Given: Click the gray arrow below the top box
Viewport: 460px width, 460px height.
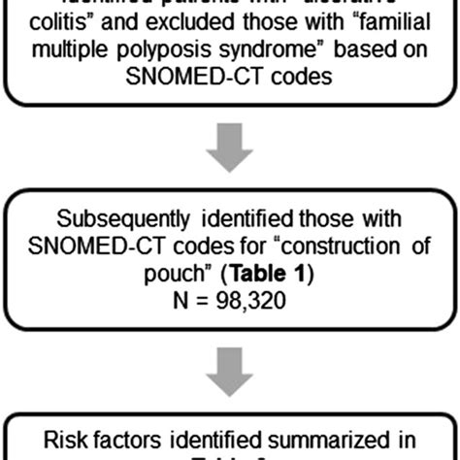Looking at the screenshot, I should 230,156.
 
